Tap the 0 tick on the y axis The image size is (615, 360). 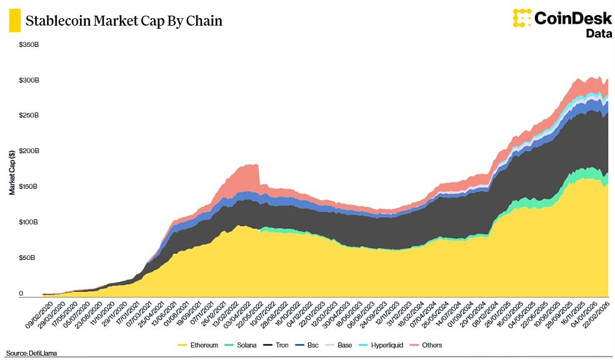point(21,293)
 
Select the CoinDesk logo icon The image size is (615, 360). point(522,17)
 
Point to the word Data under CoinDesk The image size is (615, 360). point(598,33)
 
